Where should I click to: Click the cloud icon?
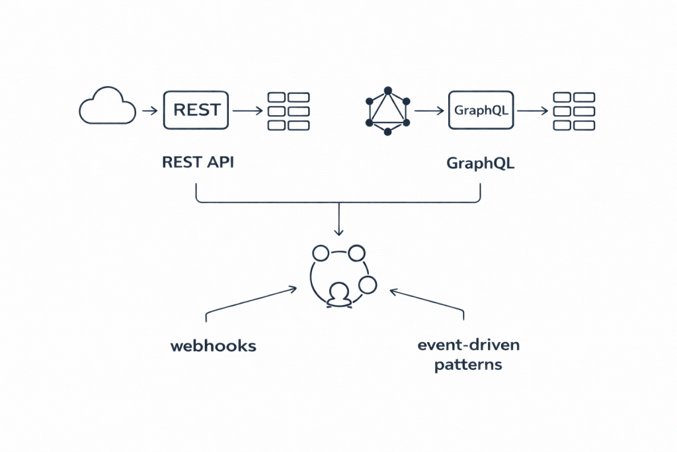click(106, 108)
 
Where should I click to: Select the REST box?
click(196, 110)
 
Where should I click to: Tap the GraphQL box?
click(481, 110)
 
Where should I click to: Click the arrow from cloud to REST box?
click(149, 111)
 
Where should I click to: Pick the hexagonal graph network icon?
click(387, 111)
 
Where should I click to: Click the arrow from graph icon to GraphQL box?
click(429, 111)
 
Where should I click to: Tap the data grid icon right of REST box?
click(288, 111)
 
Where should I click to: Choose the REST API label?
click(198, 163)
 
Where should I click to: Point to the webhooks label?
click(213, 345)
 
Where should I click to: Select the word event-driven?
click(468, 345)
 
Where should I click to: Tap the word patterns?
click(468, 365)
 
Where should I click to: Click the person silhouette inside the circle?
click(339, 295)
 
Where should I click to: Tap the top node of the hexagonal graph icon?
click(387, 89)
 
